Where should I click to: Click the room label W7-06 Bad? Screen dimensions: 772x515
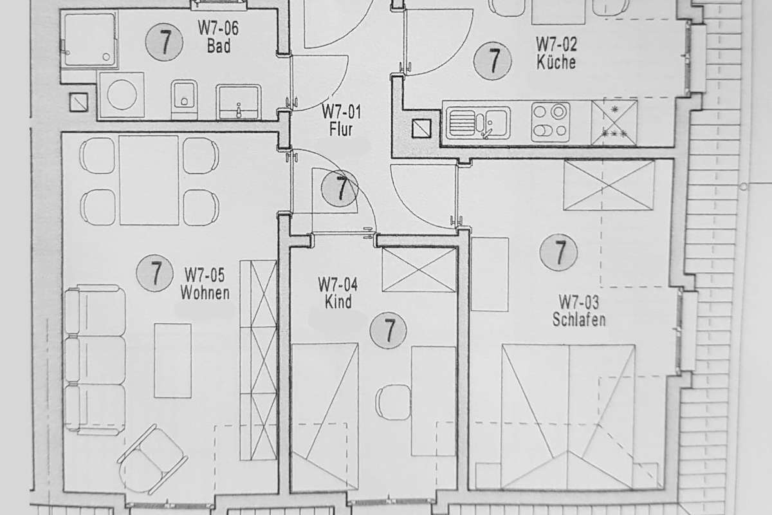(x=218, y=37)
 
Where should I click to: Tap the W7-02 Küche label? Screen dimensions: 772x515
(x=556, y=53)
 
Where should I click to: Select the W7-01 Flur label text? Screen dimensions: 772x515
(x=341, y=121)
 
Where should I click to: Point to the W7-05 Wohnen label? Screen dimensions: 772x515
(x=205, y=283)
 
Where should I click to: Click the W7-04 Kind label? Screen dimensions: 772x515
(x=338, y=293)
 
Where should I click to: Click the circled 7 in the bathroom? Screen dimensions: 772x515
(x=164, y=42)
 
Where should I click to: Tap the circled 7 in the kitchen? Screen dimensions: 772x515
(x=493, y=61)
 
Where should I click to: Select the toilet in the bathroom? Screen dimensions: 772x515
(x=184, y=99)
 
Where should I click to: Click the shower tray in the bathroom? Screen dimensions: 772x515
(x=89, y=40)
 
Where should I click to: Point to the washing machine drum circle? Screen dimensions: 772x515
(x=122, y=95)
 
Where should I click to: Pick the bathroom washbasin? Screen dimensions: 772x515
(x=239, y=102)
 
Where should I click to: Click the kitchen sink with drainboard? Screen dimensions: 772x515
(x=478, y=123)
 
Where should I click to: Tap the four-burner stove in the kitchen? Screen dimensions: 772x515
(x=551, y=122)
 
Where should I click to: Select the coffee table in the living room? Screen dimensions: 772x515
(x=172, y=360)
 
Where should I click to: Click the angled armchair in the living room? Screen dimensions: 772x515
(x=152, y=459)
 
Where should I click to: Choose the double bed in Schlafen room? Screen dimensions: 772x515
(x=568, y=417)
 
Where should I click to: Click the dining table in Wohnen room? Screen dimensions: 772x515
(x=149, y=180)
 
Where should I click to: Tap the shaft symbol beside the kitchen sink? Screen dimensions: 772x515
(x=421, y=129)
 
